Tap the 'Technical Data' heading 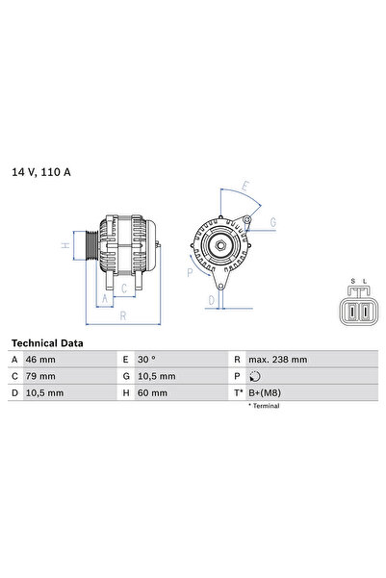pos(47,343)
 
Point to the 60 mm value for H pos(152,393)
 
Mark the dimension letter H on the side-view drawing pos(65,245)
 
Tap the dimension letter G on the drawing pos(272,222)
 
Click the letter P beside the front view pos(190,272)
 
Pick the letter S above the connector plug pos(352,282)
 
